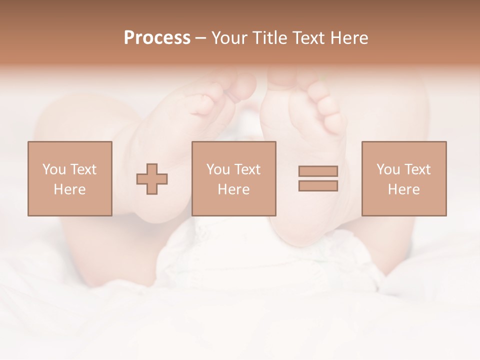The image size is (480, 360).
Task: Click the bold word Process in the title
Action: pyautogui.click(x=157, y=38)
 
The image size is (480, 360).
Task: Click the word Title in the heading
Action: pyautogui.click(x=270, y=38)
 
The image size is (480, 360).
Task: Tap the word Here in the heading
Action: pyautogui.click(x=349, y=38)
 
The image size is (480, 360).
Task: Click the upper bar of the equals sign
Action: pyautogui.click(x=318, y=171)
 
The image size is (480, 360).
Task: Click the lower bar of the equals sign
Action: pyautogui.click(x=318, y=185)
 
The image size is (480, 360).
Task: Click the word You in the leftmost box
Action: pyautogui.click(x=54, y=169)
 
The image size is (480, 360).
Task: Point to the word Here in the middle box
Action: pyautogui.click(x=233, y=189)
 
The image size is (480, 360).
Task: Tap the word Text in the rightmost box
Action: pyautogui.click(x=417, y=169)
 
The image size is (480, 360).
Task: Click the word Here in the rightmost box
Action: pyautogui.click(x=403, y=189)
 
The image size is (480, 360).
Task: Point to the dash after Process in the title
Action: pyautogui.click(x=200, y=38)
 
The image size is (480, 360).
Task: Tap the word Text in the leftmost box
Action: pyautogui.click(x=83, y=169)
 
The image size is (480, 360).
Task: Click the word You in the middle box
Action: pyautogui.click(x=218, y=169)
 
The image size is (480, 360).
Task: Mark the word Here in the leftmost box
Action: pyautogui.click(x=69, y=189)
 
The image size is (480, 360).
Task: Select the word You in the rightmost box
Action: pyautogui.click(x=388, y=169)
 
